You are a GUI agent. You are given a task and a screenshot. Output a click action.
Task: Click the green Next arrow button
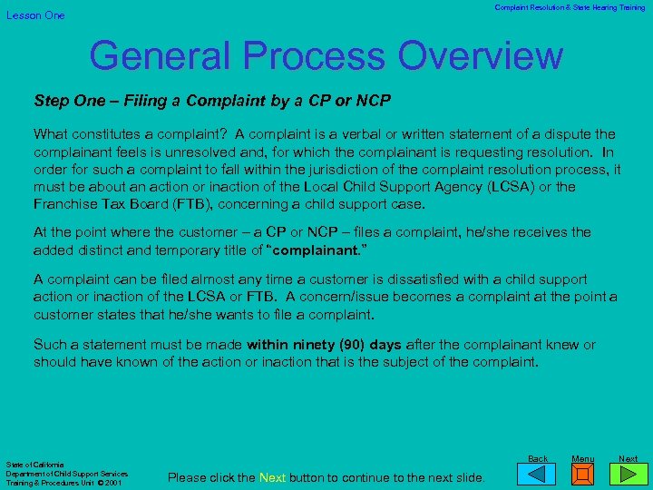[628, 475]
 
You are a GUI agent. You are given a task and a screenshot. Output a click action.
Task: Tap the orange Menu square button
[583, 475]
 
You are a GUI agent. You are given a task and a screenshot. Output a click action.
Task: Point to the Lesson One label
[36, 15]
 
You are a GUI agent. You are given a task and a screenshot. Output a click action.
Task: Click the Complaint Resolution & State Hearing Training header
[570, 7]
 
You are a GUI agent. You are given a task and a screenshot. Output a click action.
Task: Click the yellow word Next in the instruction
[273, 477]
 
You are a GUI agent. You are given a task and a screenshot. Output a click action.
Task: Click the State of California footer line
[34, 465]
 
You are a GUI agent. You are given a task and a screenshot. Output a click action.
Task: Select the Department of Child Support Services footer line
[67, 474]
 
